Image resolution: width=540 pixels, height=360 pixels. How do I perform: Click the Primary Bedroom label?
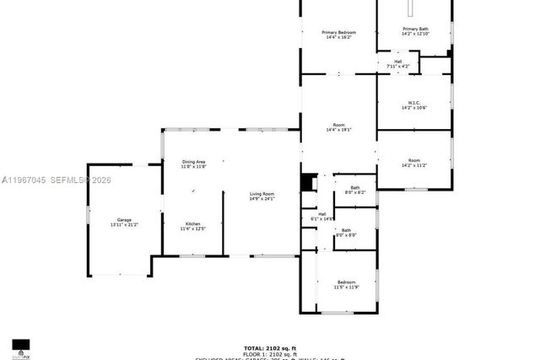coord(337,32)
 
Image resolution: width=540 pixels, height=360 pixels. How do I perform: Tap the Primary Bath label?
coord(414,29)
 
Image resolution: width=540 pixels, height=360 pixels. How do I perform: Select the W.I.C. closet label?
coord(413,102)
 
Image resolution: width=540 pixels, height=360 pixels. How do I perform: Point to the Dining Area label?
coord(194,161)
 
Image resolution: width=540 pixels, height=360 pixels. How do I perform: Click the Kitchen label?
coord(193,223)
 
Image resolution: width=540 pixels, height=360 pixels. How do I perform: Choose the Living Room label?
coord(262,194)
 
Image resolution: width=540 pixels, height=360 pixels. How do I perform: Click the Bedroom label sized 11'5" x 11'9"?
coord(346,282)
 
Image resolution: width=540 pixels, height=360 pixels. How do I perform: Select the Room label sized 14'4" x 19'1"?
coord(338,125)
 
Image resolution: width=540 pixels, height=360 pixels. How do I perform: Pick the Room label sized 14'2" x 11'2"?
coord(413,160)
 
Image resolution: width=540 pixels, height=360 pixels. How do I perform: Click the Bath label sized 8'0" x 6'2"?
coord(355,187)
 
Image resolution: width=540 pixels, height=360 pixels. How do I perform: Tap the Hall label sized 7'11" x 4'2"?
coord(397,61)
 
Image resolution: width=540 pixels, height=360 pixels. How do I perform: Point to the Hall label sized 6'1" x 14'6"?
coord(322,213)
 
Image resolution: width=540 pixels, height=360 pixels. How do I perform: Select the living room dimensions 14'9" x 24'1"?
coord(262,199)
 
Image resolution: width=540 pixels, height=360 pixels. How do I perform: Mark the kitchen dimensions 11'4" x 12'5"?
coord(193,228)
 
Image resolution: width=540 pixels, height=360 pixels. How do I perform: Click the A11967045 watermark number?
coord(23,180)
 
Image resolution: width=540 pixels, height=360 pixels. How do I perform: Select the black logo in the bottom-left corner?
coord(21,346)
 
